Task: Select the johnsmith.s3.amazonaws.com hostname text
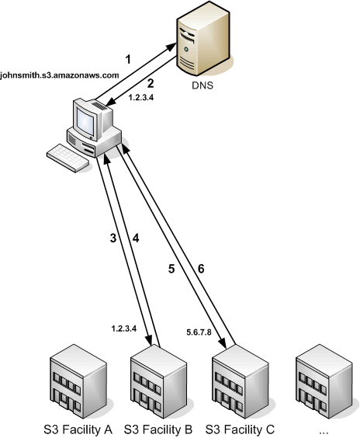point(60,75)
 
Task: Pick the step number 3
point(113,238)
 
